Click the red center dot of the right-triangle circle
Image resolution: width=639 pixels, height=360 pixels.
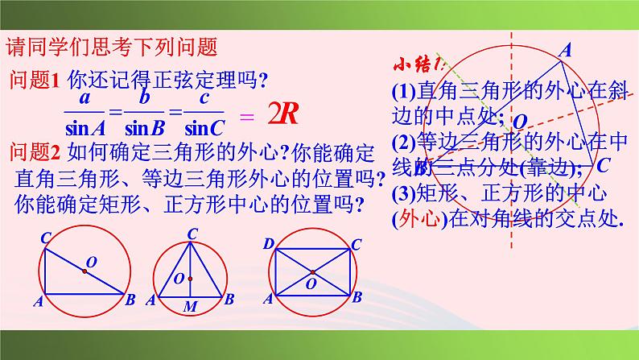pyautogui.click(x=84, y=272)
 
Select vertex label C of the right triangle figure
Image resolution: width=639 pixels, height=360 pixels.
pyautogui.click(x=46, y=236)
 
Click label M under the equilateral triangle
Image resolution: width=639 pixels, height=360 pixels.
pyautogui.click(x=190, y=307)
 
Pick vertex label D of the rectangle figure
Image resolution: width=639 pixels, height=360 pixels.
pyautogui.click(x=268, y=242)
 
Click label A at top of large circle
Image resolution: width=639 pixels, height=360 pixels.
pyautogui.click(x=565, y=50)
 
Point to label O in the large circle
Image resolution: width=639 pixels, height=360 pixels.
pyautogui.click(x=521, y=122)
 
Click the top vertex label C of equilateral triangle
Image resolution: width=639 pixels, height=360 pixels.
pyautogui.click(x=192, y=234)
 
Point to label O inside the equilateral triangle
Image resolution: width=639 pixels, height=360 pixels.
pyautogui.click(x=179, y=279)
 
